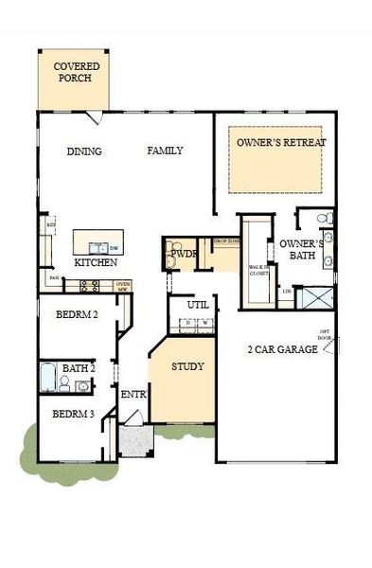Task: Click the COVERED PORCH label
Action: click(x=74, y=73)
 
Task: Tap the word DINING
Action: click(x=84, y=151)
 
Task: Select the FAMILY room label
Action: click(x=165, y=151)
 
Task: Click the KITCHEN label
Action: click(x=96, y=262)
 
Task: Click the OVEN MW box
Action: click(x=122, y=284)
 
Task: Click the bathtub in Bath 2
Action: click(x=48, y=379)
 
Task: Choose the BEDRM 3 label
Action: click(x=72, y=414)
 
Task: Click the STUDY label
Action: click(x=187, y=367)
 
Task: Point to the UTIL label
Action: click(x=197, y=306)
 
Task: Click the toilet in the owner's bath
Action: click(x=325, y=219)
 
